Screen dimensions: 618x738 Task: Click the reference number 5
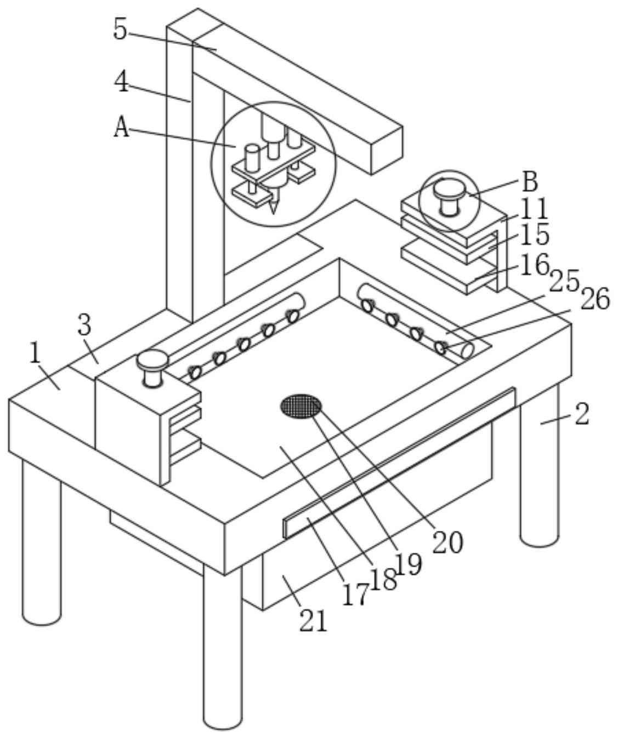(120, 29)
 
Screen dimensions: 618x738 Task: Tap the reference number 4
(122, 81)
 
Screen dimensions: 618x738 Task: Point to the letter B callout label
(530, 181)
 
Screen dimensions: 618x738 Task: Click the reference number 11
(534, 209)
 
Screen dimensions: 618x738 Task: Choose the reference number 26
(596, 298)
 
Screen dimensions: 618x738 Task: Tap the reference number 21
(313, 621)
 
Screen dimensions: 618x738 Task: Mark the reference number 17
(356, 595)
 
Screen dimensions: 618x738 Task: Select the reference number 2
(582, 414)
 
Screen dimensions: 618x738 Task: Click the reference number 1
(35, 354)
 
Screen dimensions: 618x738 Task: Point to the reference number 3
(84, 325)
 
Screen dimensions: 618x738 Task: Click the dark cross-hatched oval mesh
(301, 406)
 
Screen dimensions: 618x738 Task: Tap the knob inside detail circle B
(449, 196)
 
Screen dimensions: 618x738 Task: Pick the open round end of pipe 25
(468, 351)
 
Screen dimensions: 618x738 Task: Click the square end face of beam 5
(387, 151)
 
